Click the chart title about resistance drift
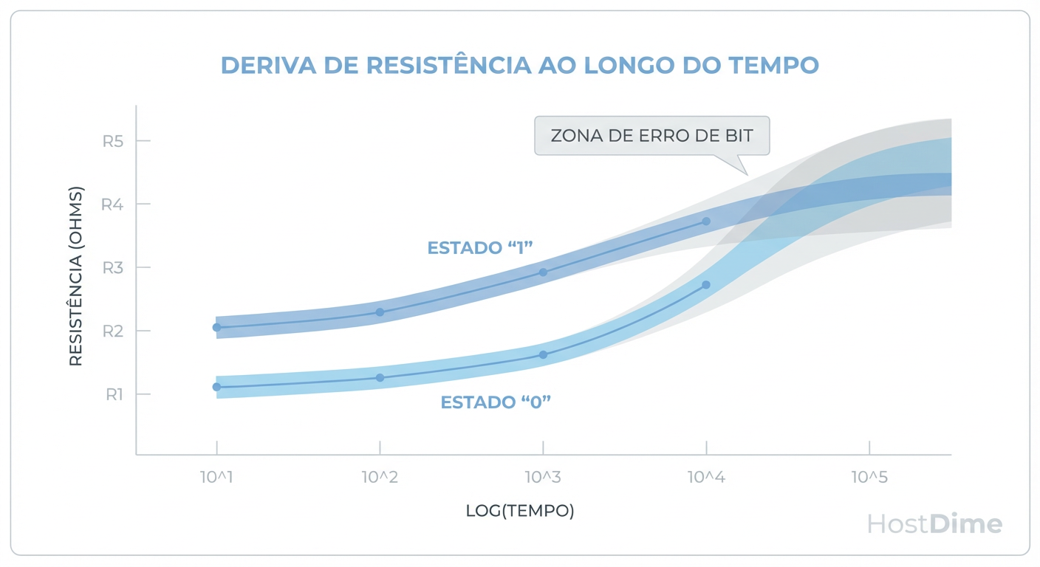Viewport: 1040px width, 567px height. coord(520,65)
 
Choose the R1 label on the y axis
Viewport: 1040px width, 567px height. coord(113,394)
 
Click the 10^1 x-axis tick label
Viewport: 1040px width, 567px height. coord(216,477)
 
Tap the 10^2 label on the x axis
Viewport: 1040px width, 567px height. coord(380,477)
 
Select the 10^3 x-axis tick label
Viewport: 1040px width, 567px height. coord(543,477)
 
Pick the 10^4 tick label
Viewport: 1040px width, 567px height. coord(706,477)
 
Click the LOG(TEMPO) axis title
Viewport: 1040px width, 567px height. coord(520,511)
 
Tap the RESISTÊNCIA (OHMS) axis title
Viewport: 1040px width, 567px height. coord(76,276)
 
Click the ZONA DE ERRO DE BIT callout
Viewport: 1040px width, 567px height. coord(651,136)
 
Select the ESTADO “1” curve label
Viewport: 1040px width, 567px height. coord(481,247)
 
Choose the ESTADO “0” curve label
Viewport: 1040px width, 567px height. coord(496,402)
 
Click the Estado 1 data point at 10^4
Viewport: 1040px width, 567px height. coord(706,221)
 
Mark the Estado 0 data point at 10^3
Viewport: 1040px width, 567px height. coord(543,355)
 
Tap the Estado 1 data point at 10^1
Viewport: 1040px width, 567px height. coord(216,327)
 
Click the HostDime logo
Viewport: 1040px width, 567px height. coord(934,524)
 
